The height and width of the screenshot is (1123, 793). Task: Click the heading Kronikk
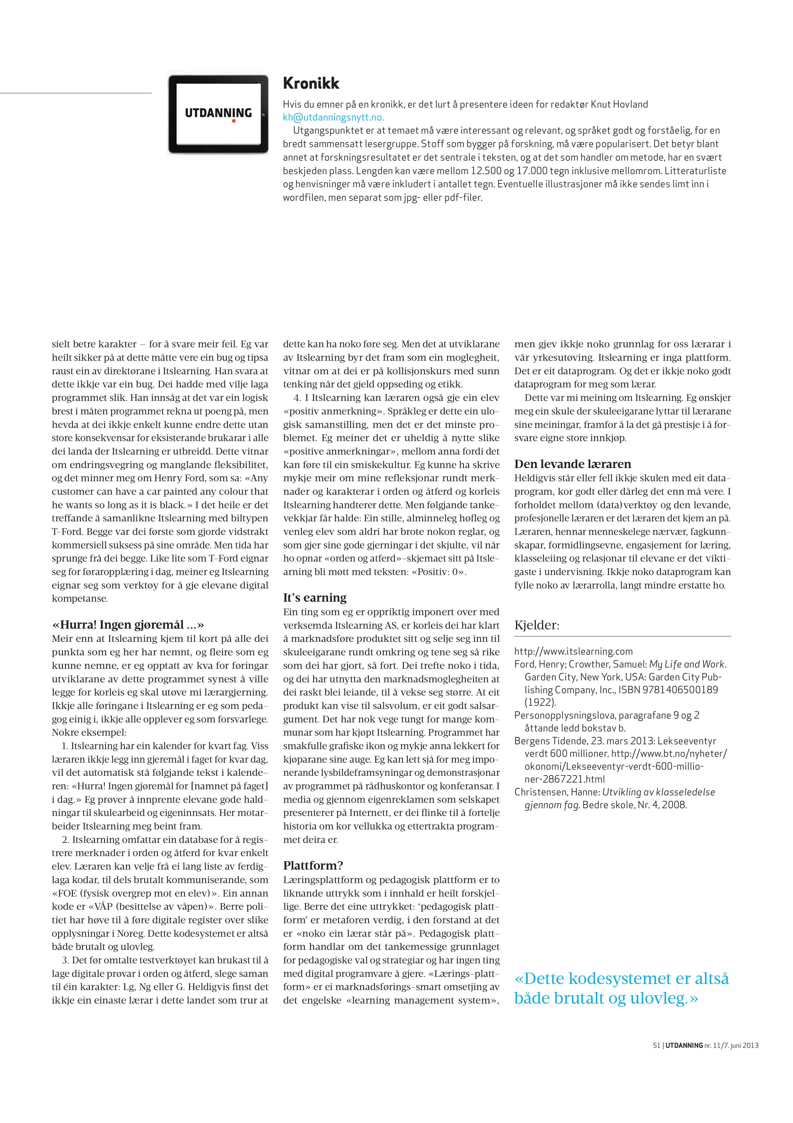click(x=311, y=84)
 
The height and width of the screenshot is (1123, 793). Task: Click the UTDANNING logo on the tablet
click(x=218, y=113)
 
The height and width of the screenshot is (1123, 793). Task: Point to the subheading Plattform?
click(x=313, y=866)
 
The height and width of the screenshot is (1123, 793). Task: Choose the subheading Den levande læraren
click(x=572, y=464)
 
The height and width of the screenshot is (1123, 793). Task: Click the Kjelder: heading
click(x=537, y=625)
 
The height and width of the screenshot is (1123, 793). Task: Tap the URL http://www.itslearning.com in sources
click(x=573, y=651)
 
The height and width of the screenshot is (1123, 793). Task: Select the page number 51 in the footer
click(x=657, y=1059)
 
